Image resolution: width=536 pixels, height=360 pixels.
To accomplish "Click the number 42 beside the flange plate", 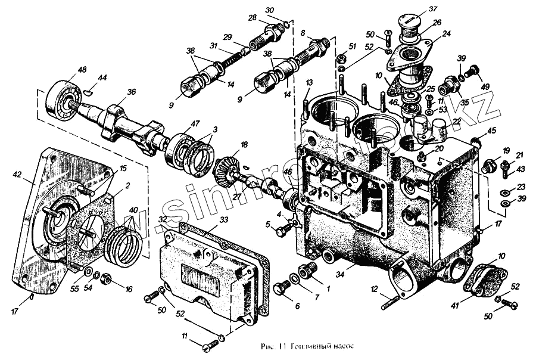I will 17,175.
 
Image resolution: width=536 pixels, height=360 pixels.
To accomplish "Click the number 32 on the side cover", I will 162,219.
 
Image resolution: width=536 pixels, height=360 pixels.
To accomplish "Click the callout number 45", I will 491,131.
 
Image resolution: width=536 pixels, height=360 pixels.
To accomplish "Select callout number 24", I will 446,34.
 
